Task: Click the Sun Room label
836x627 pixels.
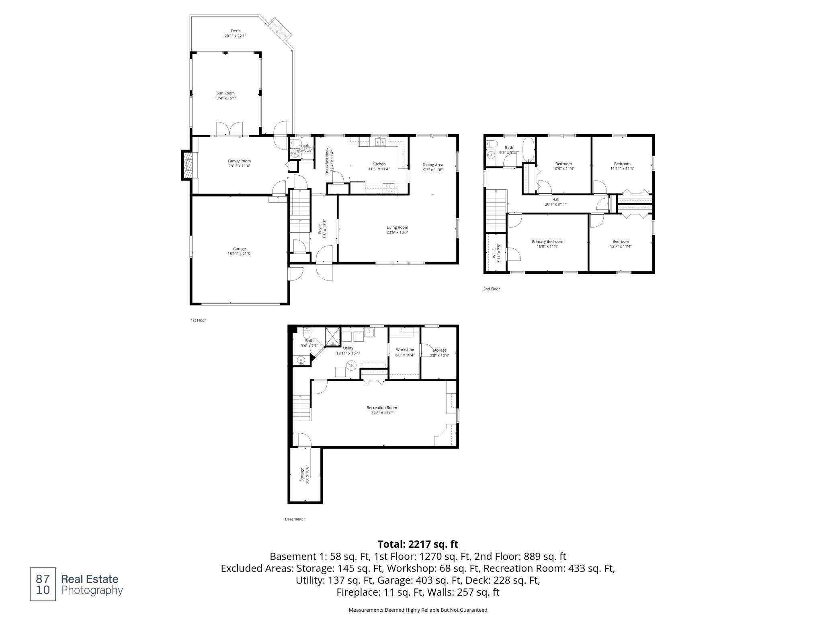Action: click(x=225, y=93)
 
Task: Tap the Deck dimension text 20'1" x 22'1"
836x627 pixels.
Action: click(x=235, y=36)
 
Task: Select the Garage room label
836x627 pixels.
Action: click(x=239, y=249)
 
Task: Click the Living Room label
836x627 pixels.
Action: click(x=398, y=227)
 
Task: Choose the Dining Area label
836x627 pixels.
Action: click(x=433, y=165)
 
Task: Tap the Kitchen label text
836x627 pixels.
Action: click(x=379, y=164)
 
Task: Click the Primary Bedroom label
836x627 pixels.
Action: click(x=547, y=242)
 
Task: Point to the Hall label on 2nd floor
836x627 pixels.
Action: click(x=555, y=199)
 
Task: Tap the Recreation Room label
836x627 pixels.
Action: click(x=382, y=408)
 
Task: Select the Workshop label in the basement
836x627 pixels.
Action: click(x=405, y=350)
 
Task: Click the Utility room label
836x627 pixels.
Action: click(x=348, y=348)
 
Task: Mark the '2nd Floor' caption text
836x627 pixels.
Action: click(x=492, y=289)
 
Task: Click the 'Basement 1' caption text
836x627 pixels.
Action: click(x=295, y=519)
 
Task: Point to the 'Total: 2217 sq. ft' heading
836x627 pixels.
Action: click(x=418, y=544)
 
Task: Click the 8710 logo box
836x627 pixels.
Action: click(x=43, y=584)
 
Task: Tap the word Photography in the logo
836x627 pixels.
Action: click(x=92, y=591)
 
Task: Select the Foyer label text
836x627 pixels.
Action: click(x=320, y=229)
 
